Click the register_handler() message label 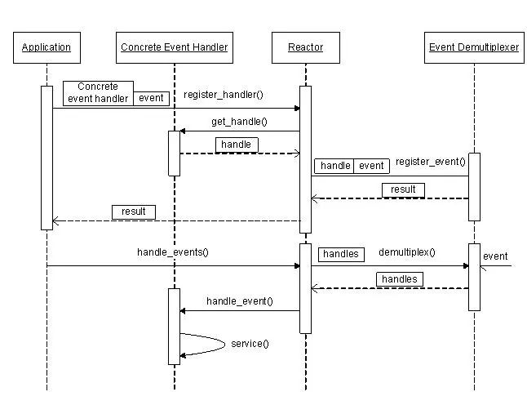click(224, 95)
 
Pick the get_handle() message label click(239, 122)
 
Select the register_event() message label click(431, 162)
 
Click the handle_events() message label click(173, 252)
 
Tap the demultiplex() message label click(407, 252)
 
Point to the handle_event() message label click(240, 301)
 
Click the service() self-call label click(250, 344)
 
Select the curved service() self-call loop click(224, 345)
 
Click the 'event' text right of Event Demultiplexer click(495, 256)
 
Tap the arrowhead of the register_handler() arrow click(297, 109)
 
